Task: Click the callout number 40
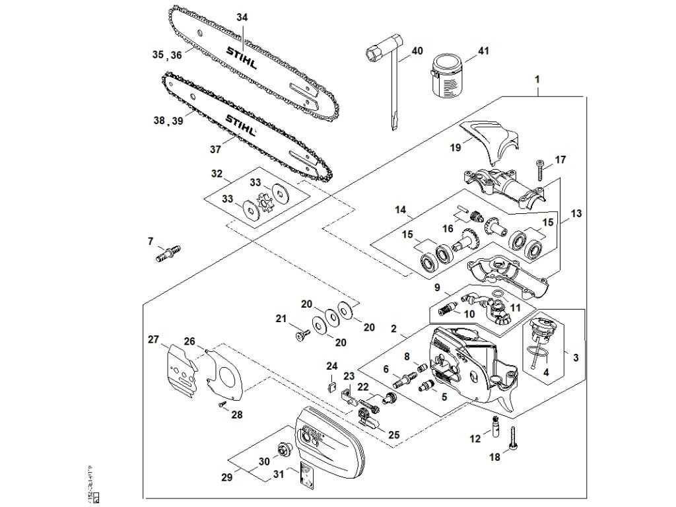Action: click(417, 50)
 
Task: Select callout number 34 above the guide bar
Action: click(242, 18)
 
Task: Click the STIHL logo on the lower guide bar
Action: click(242, 123)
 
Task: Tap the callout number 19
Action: click(456, 148)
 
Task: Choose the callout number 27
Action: click(154, 339)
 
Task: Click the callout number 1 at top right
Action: click(538, 79)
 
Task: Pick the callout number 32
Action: click(217, 174)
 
